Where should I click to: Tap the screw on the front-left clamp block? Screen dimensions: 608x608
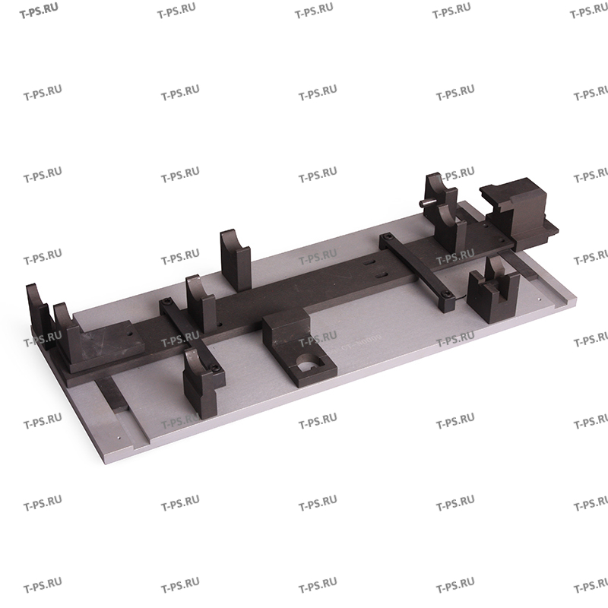click(x=217, y=369)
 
